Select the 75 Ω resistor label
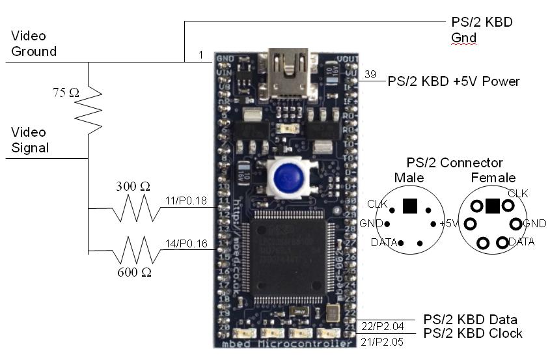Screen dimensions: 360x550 point(66,93)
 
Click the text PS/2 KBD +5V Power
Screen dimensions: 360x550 point(454,81)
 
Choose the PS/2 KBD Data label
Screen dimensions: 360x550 point(471,319)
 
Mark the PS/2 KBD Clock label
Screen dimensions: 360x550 point(473,333)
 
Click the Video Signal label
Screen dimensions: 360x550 point(30,140)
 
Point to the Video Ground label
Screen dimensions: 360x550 point(34,44)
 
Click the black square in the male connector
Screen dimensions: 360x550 point(409,206)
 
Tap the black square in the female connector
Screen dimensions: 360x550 point(493,206)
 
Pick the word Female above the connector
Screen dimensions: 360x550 point(493,178)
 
